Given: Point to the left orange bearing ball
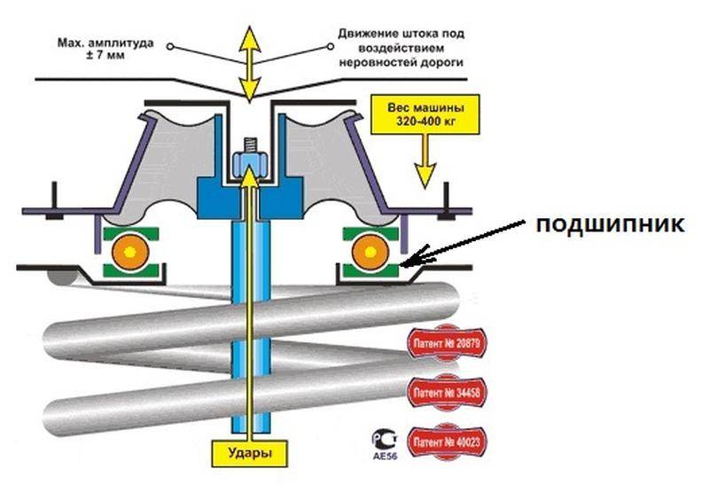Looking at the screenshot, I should [129, 252].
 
